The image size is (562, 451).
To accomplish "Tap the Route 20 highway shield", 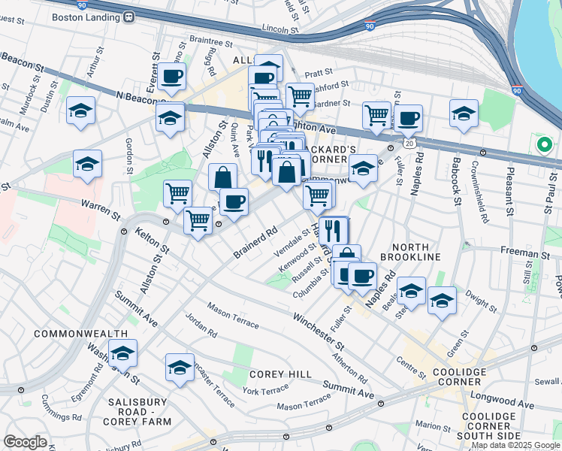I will pyautogui.click(x=409, y=142).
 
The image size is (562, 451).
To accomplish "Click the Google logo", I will pyautogui.click(x=25, y=442).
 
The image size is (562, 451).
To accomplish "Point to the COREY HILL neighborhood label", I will pyautogui.click(x=276, y=374).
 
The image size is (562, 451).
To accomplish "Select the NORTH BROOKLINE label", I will pyautogui.click(x=410, y=252).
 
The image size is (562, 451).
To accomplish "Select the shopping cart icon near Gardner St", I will pyautogui.click(x=300, y=95).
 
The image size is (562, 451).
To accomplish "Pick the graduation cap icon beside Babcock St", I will pyautogui.click(x=464, y=114).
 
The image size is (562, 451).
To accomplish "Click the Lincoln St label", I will pyautogui.click(x=280, y=28).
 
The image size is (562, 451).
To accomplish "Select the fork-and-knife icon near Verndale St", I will pyautogui.click(x=331, y=230).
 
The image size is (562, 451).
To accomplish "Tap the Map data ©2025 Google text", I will pyautogui.click(x=515, y=445).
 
